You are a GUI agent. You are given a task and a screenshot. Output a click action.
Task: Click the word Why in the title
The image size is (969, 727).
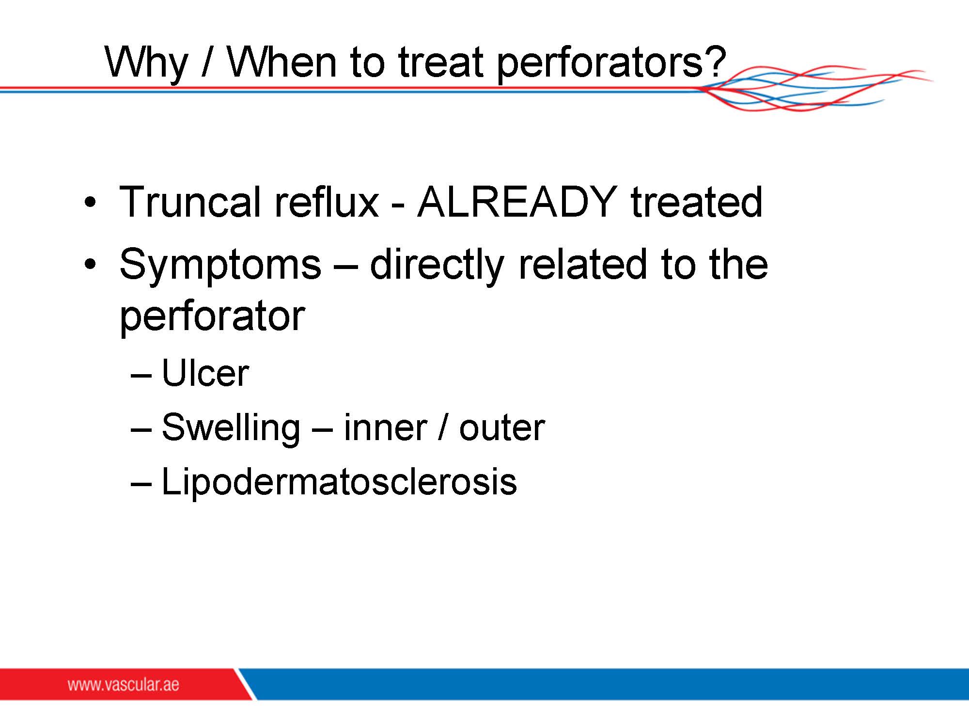146,63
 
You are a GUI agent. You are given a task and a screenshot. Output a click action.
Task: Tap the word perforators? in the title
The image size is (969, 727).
612,63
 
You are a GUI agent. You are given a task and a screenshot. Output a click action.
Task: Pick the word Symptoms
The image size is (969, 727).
220,266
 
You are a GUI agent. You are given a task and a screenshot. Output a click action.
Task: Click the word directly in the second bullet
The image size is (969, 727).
437,266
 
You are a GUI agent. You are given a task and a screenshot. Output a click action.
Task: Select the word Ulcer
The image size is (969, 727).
205,373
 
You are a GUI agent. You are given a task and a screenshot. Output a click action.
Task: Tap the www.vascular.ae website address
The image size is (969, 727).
123,685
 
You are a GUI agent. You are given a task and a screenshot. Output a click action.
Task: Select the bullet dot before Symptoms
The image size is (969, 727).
90,265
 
